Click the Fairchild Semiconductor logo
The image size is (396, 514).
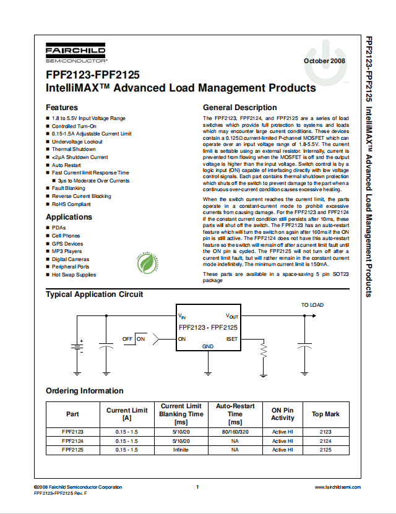click(75, 54)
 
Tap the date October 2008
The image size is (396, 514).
click(324, 61)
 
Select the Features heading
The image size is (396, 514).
click(62, 108)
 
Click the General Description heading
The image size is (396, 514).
click(240, 108)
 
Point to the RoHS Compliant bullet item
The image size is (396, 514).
click(71, 204)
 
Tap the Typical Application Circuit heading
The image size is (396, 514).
click(94, 294)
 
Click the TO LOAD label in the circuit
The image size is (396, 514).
click(312, 305)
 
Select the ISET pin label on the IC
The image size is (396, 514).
click(231, 339)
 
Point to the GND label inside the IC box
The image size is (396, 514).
click(208, 346)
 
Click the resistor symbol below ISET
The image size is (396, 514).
click(264, 351)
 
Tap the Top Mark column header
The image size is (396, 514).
click(325, 414)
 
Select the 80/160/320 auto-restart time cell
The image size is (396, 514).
click(235, 432)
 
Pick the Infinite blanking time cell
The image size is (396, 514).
click(181, 450)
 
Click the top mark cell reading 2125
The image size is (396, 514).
click(325, 450)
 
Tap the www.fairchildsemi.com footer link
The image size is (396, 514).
click(338, 487)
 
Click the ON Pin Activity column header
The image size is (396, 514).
click(283, 414)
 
